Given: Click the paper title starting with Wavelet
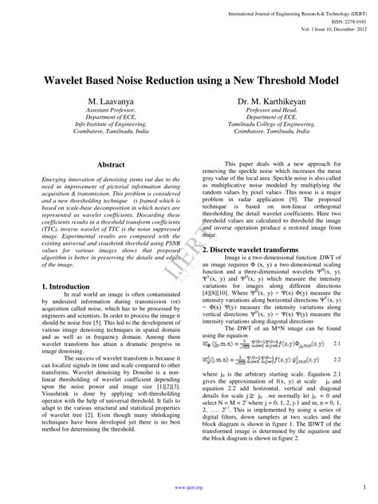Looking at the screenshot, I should point(188,82).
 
